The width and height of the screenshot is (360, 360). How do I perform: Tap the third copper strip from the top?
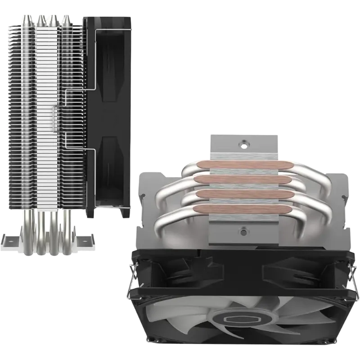click(x=243, y=195)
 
